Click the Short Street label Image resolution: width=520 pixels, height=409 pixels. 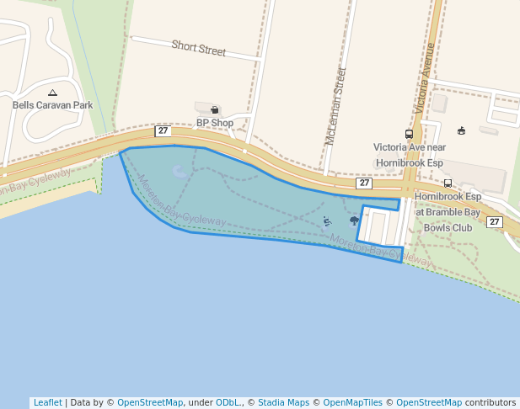coord(199,48)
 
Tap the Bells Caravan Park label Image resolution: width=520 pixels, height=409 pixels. coord(52,105)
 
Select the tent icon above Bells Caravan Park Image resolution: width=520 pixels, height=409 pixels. coord(52,92)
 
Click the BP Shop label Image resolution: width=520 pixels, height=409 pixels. coord(214,122)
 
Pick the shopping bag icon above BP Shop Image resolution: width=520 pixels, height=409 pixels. coord(214,109)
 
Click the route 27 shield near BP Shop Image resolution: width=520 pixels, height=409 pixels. coord(163,130)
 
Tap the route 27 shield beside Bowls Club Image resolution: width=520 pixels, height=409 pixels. coord(495,222)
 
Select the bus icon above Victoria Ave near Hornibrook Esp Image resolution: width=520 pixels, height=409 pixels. coord(409,134)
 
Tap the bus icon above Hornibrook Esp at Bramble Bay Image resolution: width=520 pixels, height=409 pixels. coord(448,183)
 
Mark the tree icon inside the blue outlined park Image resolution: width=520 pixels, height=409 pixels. coord(354,221)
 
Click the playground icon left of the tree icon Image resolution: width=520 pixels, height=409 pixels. coord(327,221)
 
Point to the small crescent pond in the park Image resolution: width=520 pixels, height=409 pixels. coord(180,173)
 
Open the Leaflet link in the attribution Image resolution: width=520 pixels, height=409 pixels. coord(47,402)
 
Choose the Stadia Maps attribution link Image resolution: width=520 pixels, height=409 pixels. coord(282,402)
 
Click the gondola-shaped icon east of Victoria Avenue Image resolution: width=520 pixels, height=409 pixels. coord(461,130)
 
